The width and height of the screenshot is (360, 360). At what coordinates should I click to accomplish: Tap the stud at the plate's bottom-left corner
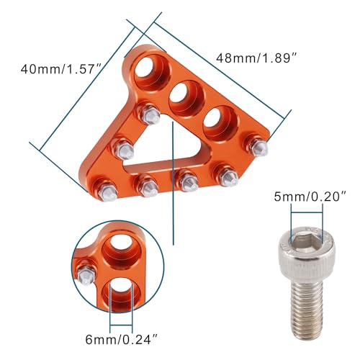(106, 188)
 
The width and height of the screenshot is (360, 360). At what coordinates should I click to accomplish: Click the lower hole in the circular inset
(120, 294)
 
